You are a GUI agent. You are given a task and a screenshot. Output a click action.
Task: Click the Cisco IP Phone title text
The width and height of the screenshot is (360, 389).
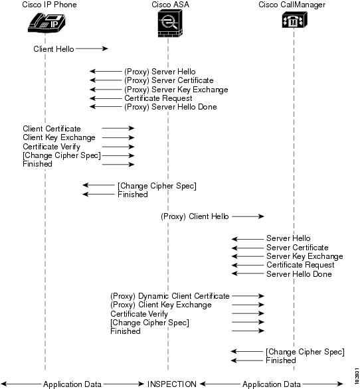click(x=49, y=5)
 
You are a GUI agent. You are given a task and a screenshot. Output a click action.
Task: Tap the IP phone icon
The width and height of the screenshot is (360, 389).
click(x=46, y=23)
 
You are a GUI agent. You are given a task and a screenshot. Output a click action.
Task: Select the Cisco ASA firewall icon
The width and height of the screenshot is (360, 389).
click(x=170, y=23)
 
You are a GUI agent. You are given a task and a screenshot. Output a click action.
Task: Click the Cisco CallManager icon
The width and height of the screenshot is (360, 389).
click(x=294, y=20)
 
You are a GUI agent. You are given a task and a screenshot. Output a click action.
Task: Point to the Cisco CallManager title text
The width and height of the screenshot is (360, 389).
click(x=292, y=5)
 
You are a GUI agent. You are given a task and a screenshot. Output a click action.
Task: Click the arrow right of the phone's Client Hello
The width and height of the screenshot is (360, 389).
click(x=92, y=48)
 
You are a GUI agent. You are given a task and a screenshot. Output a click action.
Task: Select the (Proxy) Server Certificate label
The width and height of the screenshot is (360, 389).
click(x=169, y=80)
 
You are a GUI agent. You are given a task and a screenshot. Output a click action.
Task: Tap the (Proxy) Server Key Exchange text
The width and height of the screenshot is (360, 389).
click(x=176, y=90)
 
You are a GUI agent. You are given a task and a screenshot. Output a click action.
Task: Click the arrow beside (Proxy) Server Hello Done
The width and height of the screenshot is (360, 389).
click(x=106, y=107)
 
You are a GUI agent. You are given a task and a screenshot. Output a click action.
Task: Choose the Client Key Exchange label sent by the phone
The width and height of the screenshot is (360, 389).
click(x=59, y=137)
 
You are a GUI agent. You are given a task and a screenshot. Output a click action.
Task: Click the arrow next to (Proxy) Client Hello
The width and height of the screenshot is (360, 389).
click(x=248, y=216)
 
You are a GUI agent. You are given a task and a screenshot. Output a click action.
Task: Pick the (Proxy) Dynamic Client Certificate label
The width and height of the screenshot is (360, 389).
click(x=170, y=296)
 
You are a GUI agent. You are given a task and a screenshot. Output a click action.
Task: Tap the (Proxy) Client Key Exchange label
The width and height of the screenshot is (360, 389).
click(x=161, y=305)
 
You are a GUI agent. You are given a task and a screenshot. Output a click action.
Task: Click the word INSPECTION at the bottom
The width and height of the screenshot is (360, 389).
click(x=172, y=384)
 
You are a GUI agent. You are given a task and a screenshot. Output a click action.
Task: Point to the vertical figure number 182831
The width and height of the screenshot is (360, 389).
click(x=357, y=376)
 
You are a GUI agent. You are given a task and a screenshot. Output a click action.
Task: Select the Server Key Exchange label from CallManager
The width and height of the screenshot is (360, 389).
click(x=305, y=256)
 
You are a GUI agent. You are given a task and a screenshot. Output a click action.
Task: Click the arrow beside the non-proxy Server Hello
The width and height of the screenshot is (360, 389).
click(x=248, y=239)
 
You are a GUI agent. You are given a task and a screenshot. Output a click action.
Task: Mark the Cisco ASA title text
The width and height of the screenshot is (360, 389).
click(x=170, y=5)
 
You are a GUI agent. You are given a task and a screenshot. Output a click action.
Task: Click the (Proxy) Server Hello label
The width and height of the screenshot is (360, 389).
click(x=160, y=72)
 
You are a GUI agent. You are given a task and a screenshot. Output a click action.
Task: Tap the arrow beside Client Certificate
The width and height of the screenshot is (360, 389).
click(x=118, y=128)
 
